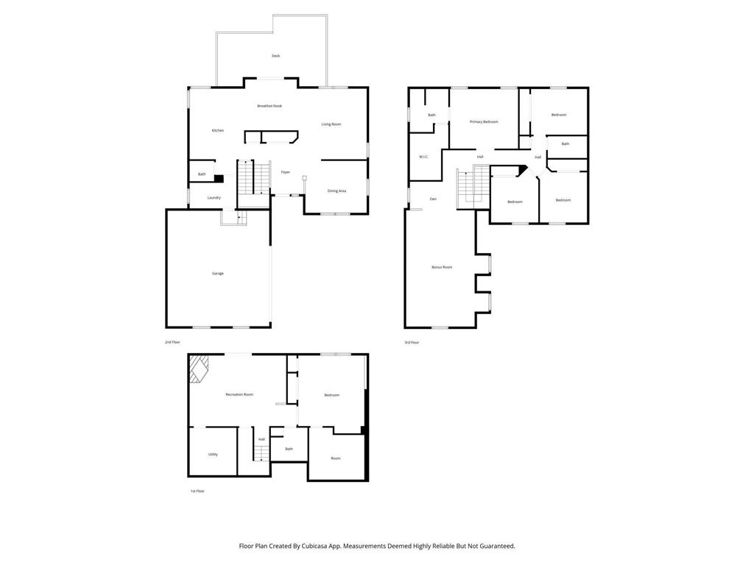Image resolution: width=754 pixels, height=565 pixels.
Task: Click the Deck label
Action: pyautogui.click(x=275, y=56)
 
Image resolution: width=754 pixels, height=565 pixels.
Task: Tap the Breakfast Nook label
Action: pyautogui.click(x=269, y=106)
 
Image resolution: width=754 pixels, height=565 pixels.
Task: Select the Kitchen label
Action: pyautogui.click(x=218, y=131)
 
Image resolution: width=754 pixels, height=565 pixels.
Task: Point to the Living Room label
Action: pyautogui.click(x=331, y=124)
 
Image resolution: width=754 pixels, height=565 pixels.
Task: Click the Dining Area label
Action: pyautogui.click(x=337, y=191)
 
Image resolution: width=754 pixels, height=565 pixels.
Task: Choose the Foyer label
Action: pyautogui.click(x=285, y=173)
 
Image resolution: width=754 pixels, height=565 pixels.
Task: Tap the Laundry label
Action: pyautogui.click(x=214, y=198)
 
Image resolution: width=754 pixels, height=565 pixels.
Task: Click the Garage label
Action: pyautogui.click(x=218, y=274)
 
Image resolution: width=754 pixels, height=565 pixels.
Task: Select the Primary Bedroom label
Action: pyautogui.click(x=484, y=122)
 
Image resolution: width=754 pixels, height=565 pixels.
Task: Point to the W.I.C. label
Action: pyautogui.click(x=424, y=157)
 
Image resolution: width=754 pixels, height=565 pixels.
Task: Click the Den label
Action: pyautogui.click(x=434, y=199)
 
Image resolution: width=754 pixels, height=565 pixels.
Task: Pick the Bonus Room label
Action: pyautogui.click(x=442, y=267)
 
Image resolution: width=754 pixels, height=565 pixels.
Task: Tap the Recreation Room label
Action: pyautogui.click(x=239, y=395)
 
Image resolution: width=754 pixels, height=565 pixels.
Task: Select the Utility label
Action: pyautogui.click(x=213, y=455)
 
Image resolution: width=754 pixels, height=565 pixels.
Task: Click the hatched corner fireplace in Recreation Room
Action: pyautogui.click(x=199, y=368)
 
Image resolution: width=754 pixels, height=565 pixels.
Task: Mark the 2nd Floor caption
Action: pyautogui.click(x=172, y=342)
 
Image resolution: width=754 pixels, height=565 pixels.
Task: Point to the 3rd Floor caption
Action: pyautogui.click(x=412, y=342)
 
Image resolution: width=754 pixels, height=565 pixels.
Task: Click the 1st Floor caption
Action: pyautogui.click(x=197, y=491)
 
